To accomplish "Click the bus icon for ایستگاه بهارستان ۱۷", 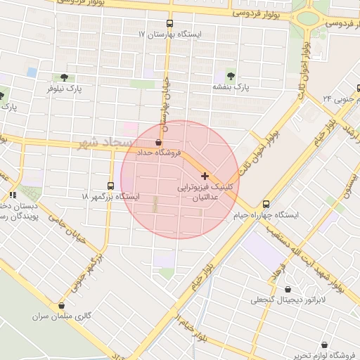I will coord(169,22).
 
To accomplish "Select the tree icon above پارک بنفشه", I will coord(231,75).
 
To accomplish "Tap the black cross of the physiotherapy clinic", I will coord(205,175).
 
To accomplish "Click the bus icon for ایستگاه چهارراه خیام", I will coord(265,203).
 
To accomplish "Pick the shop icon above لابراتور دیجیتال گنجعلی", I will coord(288,289).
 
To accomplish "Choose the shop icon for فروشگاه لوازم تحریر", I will coord(323,345).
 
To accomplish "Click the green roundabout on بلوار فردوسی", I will coord(308,19).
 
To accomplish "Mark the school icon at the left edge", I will coord(13,195).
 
